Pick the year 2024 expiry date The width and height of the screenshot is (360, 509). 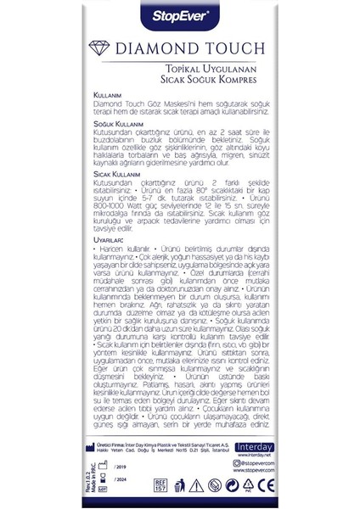(118, 478)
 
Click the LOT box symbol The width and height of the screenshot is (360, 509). (104, 489)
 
